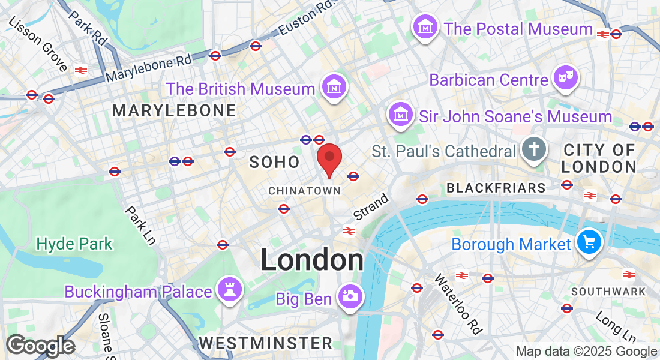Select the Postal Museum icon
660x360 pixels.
point(425,27)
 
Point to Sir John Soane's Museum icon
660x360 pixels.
point(399,115)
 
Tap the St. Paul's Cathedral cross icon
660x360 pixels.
point(533,150)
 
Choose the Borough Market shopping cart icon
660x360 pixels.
point(589,242)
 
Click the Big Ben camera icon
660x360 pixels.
point(350,296)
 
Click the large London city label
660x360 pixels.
point(312,260)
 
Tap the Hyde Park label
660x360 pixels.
point(74,244)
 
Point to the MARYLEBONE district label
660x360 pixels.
point(174,110)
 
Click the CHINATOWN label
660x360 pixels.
point(304,190)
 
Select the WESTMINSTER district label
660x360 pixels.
point(266,343)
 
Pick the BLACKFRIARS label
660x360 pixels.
point(496,188)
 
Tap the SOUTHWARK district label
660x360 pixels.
point(608,292)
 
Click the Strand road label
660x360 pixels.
point(371,207)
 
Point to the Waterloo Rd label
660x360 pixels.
point(458,304)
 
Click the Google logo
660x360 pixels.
point(40,346)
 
